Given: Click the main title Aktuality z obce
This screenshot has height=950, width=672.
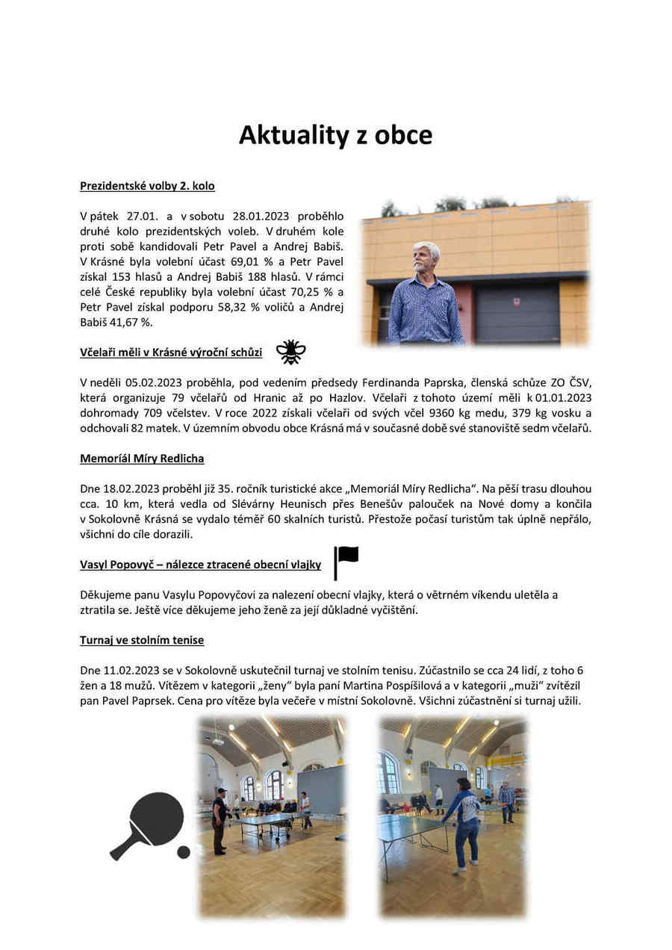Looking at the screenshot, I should pos(335,135).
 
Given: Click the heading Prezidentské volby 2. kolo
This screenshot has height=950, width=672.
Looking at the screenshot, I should pos(147,185).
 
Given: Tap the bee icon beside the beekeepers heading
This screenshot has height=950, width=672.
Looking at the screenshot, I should pos(290,351).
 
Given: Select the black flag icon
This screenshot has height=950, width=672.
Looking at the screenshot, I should pos(346,562).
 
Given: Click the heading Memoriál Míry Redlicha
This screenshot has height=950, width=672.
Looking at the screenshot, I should pos(142,459).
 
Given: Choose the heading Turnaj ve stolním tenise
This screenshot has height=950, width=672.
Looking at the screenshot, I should pos(142,640).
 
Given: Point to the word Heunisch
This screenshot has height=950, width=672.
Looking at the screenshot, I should pos(361,504).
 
